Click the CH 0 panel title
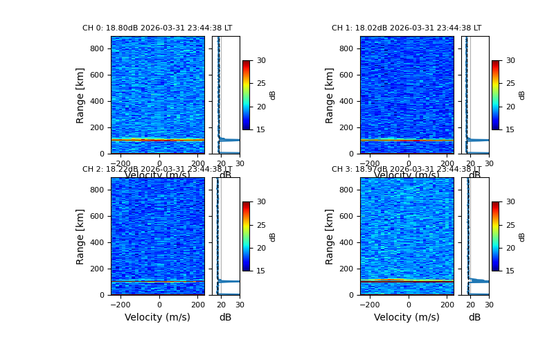click(x=157, y=28)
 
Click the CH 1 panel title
click(x=406, y=28)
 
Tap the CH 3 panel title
click(x=406, y=170)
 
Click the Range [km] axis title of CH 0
click(x=80, y=95)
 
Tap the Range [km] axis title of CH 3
click(x=330, y=236)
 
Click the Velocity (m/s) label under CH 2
click(x=157, y=317)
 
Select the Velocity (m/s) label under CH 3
click(x=406, y=317)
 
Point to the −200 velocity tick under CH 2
click(x=120, y=304)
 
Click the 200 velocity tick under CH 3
click(x=447, y=304)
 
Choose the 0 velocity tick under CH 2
click(x=159, y=304)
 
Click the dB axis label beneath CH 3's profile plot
click(x=474, y=317)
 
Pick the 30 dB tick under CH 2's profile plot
click(x=240, y=304)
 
